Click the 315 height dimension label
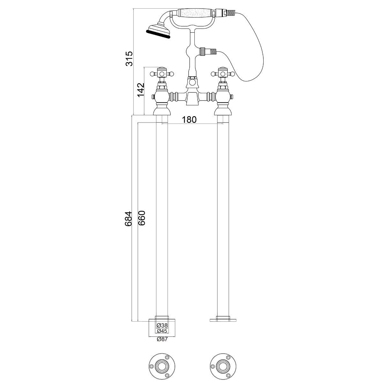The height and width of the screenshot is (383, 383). coord(129,58)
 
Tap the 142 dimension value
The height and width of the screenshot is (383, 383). coord(141,90)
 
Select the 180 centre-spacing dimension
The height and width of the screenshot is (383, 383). coord(189,120)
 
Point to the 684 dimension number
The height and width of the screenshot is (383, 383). coord(128,218)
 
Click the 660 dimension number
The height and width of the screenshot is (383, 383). coord(142,218)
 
